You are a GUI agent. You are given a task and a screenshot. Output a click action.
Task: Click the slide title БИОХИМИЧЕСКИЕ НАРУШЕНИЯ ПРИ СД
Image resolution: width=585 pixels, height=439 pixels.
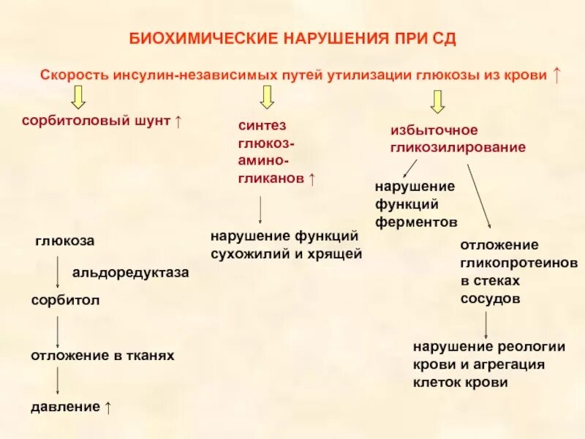tap(292, 38)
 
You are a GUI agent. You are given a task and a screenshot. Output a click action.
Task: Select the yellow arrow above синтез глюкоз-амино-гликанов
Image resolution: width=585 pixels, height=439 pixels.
tap(267, 97)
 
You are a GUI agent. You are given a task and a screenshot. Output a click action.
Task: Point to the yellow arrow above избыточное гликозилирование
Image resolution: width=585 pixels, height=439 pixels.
tap(437, 101)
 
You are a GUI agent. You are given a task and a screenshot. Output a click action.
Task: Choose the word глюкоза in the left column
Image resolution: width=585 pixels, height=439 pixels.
tap(64, 241)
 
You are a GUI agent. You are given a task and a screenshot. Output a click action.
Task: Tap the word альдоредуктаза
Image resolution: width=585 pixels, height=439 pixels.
tap(130, 272)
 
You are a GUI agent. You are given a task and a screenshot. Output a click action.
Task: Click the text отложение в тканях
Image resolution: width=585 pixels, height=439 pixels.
tap(102, 355)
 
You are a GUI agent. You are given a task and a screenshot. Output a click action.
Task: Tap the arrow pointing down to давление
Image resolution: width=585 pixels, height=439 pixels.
tap(58, 380)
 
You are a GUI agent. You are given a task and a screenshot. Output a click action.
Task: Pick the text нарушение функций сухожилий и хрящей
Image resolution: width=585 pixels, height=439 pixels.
tap(286, 245)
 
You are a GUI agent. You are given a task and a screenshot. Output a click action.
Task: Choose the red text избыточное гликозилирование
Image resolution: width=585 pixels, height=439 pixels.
tap(456, 138)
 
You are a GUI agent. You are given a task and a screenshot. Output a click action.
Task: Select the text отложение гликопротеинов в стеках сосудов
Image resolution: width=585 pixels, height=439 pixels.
tap(518, 271)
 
